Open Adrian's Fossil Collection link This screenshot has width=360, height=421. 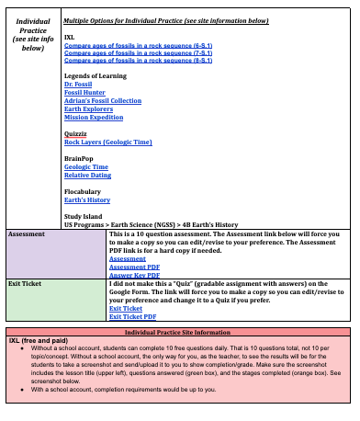pos(102,101)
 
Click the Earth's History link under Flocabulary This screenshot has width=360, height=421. pos(87,199)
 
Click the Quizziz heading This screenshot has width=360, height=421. pos(77,134)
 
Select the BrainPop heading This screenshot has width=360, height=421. pos(80,159)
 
